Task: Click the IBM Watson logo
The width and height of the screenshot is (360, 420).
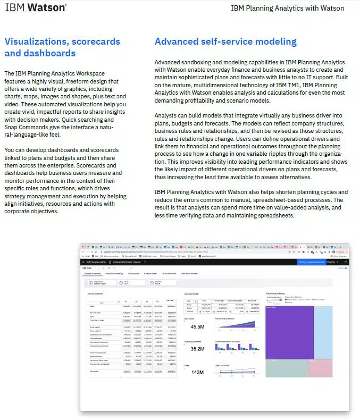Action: (36, 8)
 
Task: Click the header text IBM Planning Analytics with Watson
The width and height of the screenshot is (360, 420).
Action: (287, 9)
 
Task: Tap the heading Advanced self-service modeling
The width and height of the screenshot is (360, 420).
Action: (225, 41)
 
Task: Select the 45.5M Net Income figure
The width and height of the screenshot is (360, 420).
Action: (197, 326)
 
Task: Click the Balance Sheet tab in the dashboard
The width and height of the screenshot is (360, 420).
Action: (150, 274)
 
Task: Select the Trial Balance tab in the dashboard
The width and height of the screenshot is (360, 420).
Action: (133, 274)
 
